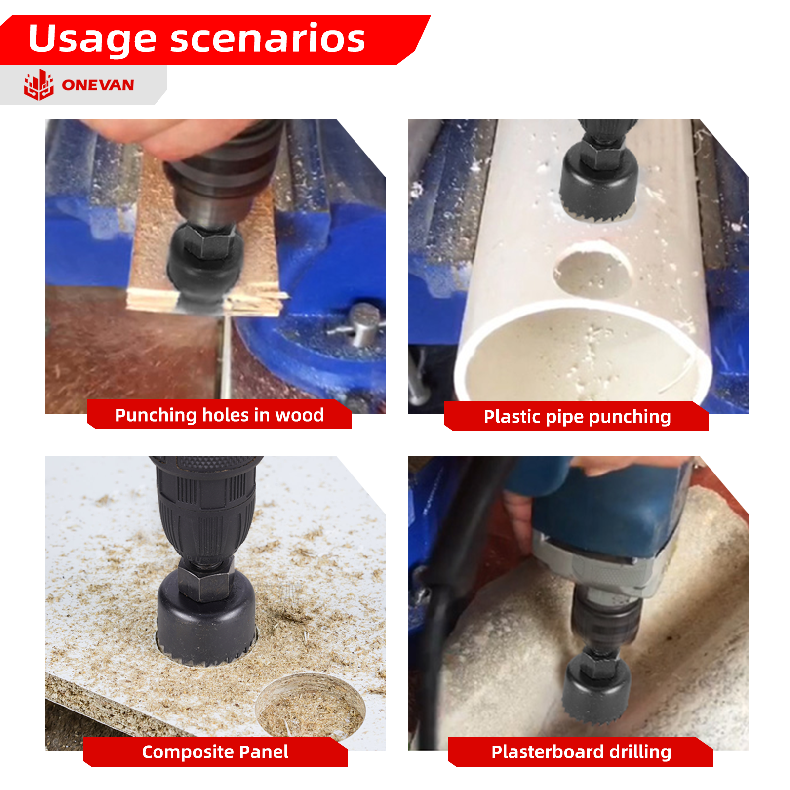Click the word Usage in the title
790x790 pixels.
point(92,39)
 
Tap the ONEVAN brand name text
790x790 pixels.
point(98,85)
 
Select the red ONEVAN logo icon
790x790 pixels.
point(39,85)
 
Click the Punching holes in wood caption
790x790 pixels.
point(219,415)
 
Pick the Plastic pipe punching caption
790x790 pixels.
point(577,417)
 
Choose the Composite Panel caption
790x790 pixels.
point(215,751)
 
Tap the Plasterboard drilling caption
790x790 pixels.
point(581,751)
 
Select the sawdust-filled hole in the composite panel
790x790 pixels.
point(310,705)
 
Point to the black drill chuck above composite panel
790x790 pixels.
point(206,509)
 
